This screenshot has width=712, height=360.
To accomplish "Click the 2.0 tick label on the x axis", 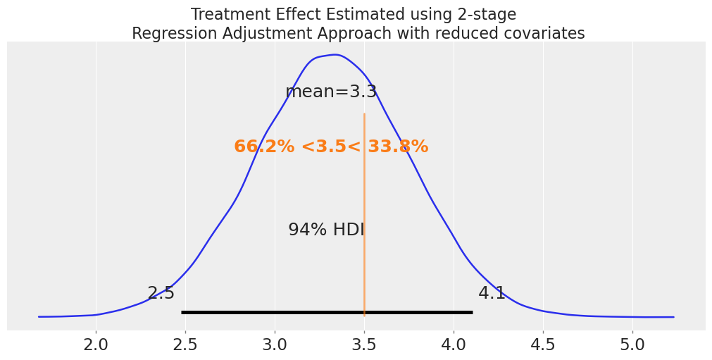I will tap(96, 345).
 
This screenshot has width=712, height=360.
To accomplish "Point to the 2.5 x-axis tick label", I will tap(185, 345).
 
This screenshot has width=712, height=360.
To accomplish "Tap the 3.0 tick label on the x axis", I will tap(275, 345).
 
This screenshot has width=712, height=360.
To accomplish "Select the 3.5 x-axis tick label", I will tap(364, 345).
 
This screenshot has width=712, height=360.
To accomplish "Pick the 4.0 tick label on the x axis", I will tap(454, 345).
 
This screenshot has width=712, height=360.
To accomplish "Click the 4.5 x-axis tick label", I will tap(543, 345).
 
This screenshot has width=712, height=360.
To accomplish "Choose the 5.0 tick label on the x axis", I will tap(632, 345).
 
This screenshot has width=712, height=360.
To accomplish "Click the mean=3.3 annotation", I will tap(331, 92).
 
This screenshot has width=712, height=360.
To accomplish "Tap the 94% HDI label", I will tap(326, 230).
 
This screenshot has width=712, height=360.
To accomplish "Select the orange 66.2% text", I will tap(264, 147).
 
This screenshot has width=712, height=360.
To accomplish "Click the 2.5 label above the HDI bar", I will tap(161, 294).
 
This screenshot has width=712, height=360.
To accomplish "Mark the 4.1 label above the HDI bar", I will tap(492, 294).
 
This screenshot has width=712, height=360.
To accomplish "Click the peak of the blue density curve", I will tap(335, 55).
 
